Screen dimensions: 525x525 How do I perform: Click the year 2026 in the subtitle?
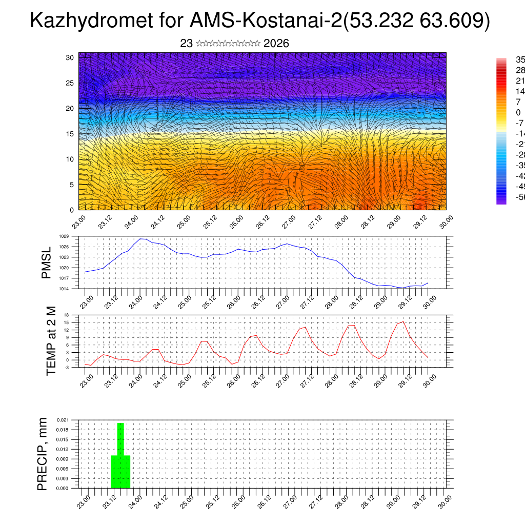click(276, 44)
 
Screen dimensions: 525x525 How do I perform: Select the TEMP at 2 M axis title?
click(51, 341)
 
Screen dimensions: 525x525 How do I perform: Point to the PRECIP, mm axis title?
click(43, 454)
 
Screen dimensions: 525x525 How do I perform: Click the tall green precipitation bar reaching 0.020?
click(120, 439)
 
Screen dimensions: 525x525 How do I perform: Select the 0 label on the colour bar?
click(518, 112)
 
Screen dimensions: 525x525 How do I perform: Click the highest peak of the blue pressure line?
click(142, 239)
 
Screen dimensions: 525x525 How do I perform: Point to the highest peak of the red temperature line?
click(403, 321)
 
